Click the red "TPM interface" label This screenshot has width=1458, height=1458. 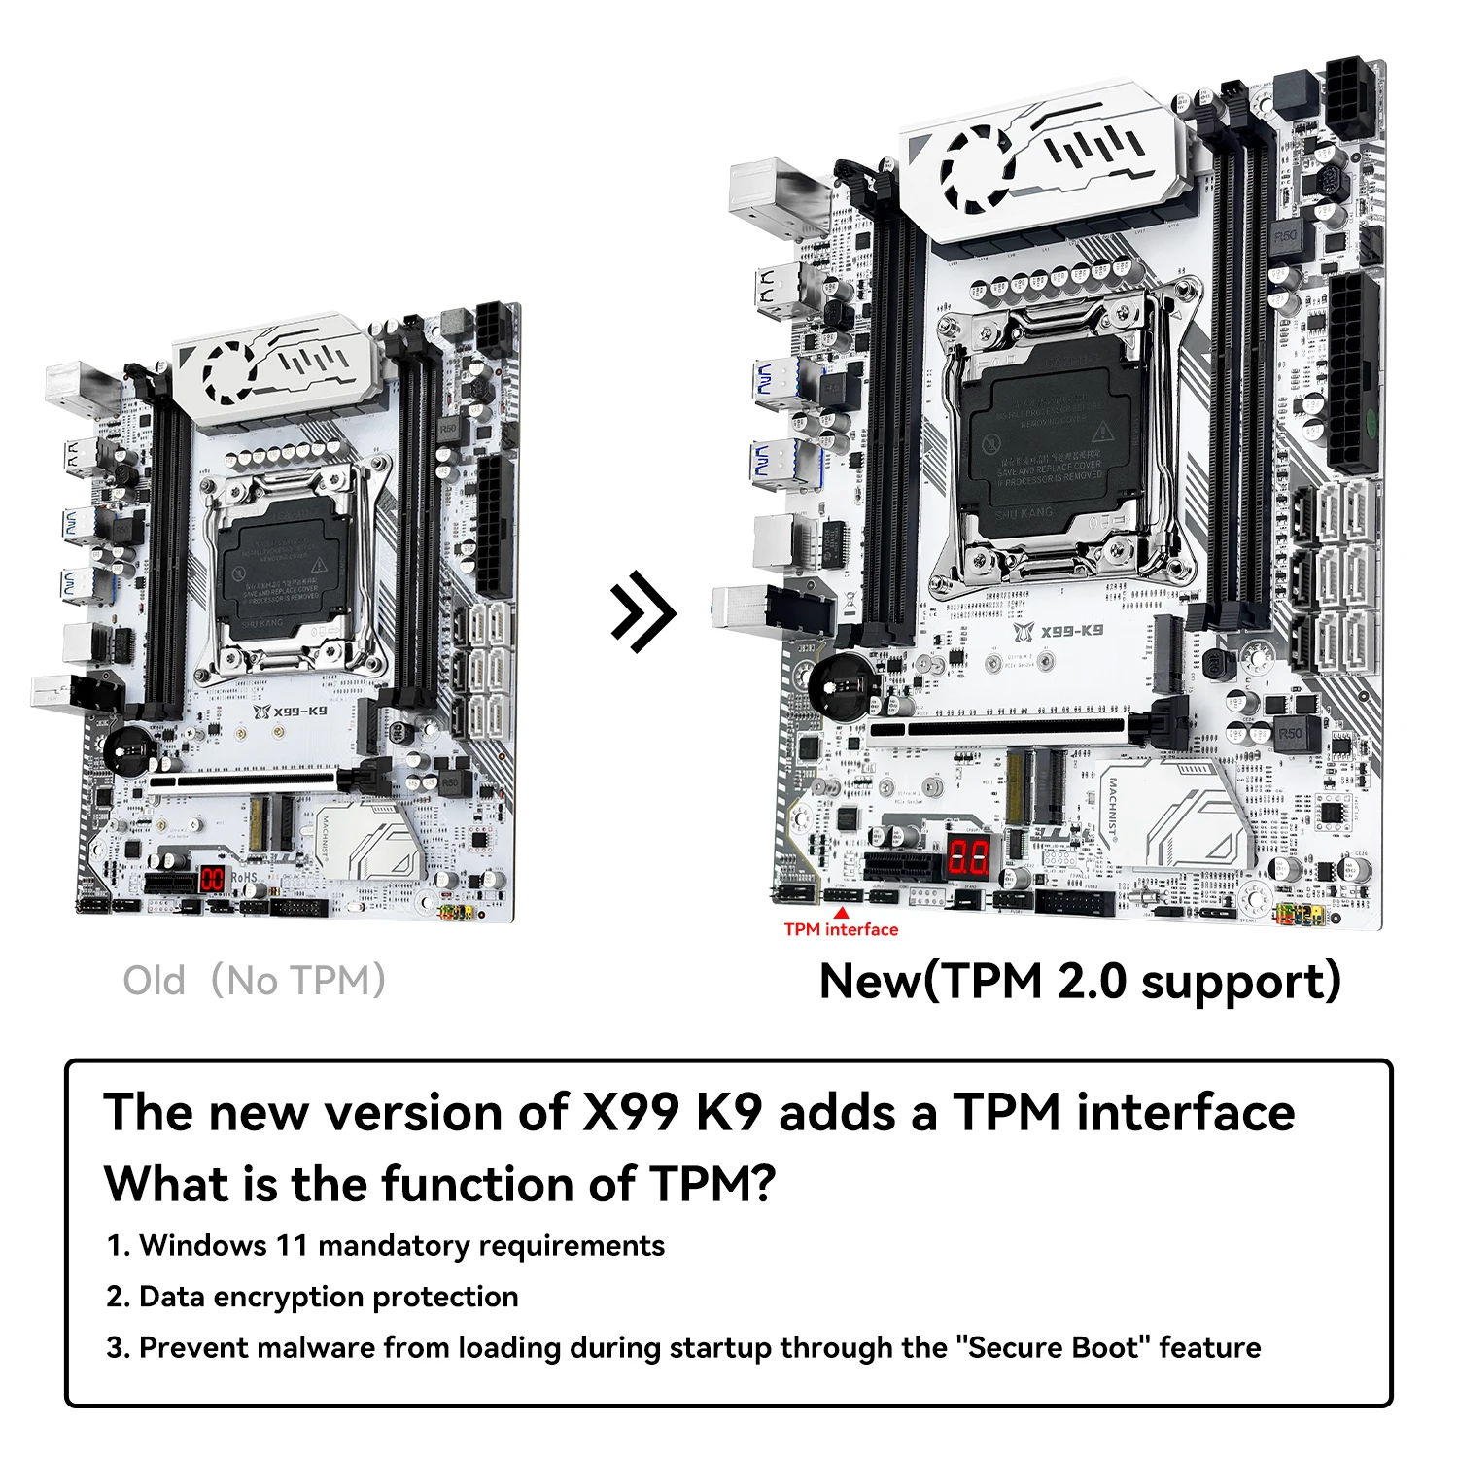841,929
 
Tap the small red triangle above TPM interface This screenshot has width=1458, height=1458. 842,912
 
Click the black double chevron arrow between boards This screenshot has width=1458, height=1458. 642,611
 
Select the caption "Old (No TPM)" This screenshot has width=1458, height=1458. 255,981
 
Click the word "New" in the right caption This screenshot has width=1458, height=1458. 869,981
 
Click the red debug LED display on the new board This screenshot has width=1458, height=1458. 969,857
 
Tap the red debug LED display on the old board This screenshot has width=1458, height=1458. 212,879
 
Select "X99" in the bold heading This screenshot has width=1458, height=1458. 630,1112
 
